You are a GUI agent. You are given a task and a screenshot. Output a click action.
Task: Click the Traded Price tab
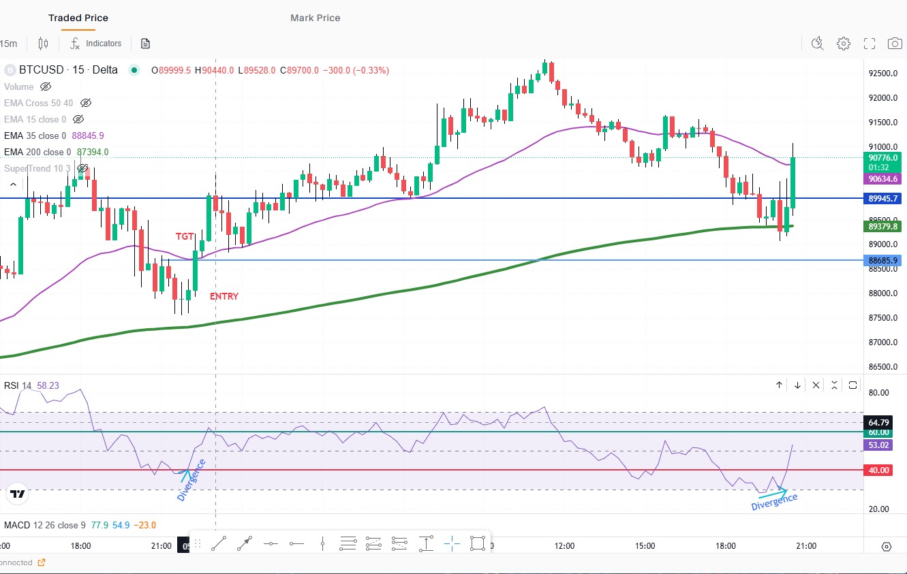point(78,18)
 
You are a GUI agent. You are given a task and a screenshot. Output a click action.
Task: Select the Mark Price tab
point(315,18)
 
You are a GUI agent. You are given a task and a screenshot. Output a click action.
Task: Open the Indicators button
point(96,44)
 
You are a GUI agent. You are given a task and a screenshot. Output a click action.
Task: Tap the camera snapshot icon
point(895,44)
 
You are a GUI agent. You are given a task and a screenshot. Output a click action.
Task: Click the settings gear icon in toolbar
point(844,44)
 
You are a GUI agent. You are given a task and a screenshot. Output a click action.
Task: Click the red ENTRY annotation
point(224,296)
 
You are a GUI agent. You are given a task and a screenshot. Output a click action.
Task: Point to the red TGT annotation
point(185,236)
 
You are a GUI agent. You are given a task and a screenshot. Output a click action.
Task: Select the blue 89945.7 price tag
point(882,199)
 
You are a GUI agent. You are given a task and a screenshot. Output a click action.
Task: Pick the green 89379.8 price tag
point(882,227)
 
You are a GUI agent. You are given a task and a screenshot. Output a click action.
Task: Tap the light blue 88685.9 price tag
point(882,260)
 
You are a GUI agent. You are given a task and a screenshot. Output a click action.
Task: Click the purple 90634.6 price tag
point(882,179)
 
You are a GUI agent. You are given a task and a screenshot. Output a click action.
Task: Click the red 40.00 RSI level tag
point(879,471)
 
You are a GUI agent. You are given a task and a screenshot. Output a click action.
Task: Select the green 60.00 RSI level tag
point(879,432)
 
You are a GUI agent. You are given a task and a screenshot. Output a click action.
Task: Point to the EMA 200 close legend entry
point(37,152)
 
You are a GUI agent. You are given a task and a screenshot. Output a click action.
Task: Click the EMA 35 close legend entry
point(35,135)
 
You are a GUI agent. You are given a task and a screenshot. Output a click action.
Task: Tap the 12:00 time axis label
point(565,546)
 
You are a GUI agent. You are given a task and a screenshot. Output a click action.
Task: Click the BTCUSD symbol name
point(38,70)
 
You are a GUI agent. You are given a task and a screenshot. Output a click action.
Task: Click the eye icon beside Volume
point(46,86)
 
